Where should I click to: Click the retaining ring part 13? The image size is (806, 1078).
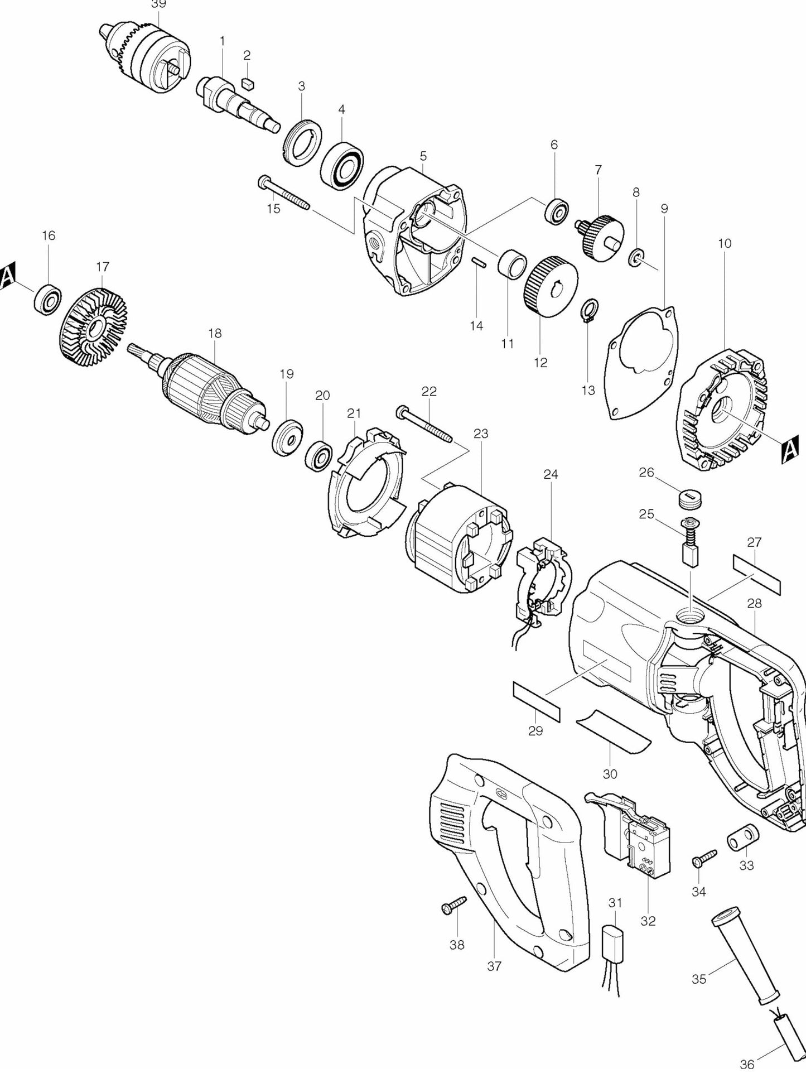[x=590, y=310]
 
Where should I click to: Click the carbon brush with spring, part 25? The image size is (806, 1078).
[x=691, y=545]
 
